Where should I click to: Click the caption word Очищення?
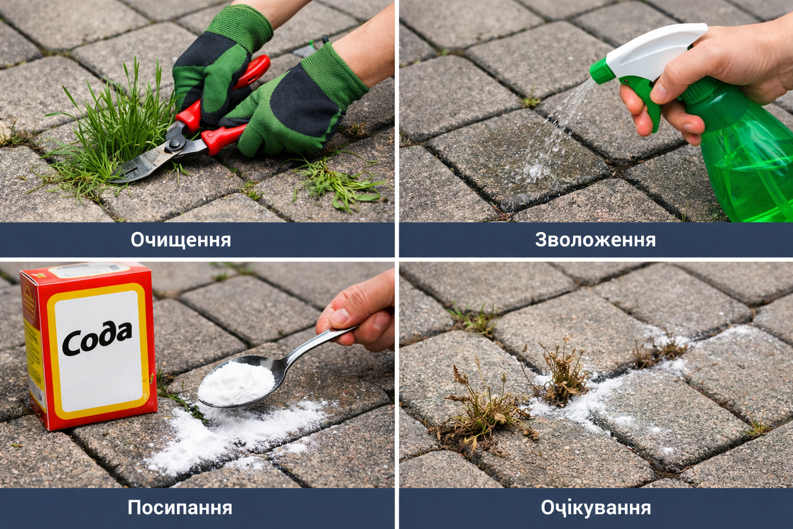pyautogui.click(x=181, y=240)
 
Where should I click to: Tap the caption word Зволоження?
pyautogui.click(x=595, y=240)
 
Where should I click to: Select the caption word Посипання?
pyautogui.click(x=180, y=507)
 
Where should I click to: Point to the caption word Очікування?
pyautogui.click(x=596, y=508)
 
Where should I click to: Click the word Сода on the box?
pyautogui.click(x=97, y=338)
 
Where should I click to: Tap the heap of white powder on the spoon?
pyautogui.click(x=236, y=383)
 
